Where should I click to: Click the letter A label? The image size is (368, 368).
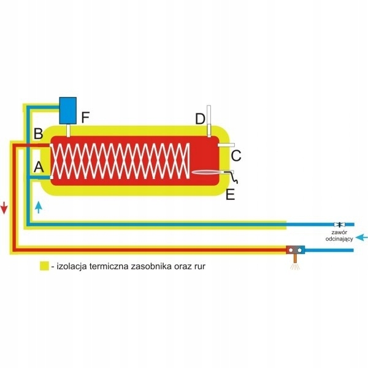click(x=39, y=166)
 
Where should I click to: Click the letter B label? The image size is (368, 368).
click(x=39, y=133)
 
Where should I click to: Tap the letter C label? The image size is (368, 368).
click(x=236, y=156)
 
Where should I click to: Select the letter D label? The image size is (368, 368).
click(x=200, y=118)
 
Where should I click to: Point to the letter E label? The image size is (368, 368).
click(x=230, y=195)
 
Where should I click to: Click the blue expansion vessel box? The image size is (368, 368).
click(x=67, y=110)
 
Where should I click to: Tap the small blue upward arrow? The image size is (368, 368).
click(x=39, y=207)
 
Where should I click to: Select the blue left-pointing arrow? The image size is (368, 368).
click(x=362, y=237)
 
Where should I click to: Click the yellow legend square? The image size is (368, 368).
click(x=44, y=266)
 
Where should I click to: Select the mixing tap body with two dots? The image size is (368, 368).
click(x=296, y=250)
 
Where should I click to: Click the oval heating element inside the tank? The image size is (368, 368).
click(x=209, y=173)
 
